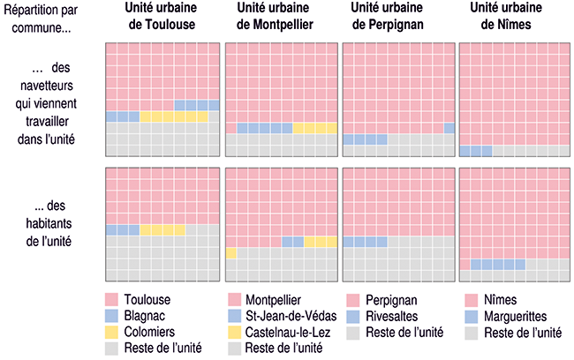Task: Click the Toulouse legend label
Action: click(147, 299)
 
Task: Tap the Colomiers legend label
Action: click(149, 332)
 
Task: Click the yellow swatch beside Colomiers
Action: click(111, 332)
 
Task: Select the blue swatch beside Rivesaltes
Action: click(353, 315)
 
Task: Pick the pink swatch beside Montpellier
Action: click(234, 299)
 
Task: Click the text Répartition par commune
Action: click(42, 17)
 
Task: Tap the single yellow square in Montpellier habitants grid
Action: click(230, 253)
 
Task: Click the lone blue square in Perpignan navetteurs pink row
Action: click(449, 128)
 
